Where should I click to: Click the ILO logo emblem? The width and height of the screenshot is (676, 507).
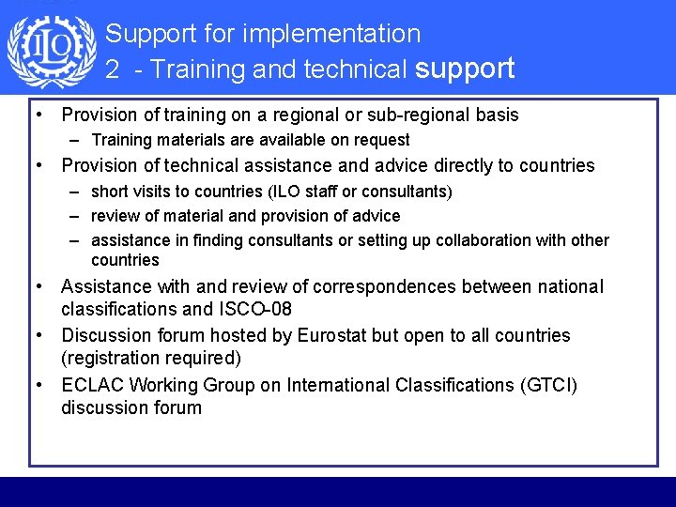tap(52, 51)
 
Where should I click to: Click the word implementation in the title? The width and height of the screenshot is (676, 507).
tap(331, 34)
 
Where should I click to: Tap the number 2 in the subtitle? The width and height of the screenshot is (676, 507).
tap(112, 69)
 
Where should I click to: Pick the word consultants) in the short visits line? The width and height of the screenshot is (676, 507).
tap(405, 192)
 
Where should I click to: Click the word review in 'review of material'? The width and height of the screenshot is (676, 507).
tap(115, 216)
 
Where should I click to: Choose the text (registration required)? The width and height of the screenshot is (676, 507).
tap(150, 358)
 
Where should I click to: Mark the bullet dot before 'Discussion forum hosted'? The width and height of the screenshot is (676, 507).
tap(42, 335)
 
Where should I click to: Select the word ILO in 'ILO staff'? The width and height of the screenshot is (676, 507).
tap(288, 192)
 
